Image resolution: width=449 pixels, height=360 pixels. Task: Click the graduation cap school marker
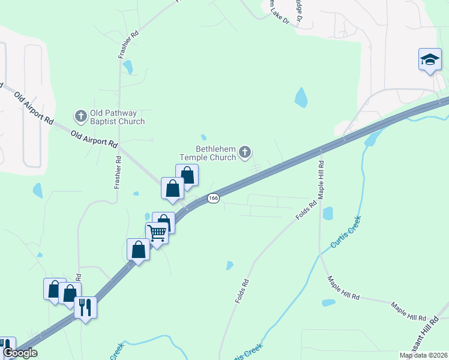click(429, 60)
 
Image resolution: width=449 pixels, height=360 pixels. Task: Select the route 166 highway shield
click(213, 198)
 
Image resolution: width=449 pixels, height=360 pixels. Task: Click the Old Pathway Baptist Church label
click(117, 117)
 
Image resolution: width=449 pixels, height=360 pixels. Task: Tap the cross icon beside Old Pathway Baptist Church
click(80, 115)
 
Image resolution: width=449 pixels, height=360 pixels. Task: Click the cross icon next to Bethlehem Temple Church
click(244, 152)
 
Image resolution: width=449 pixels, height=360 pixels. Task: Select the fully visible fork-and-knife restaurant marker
click(85, 308)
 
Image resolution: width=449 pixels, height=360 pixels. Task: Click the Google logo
click(20, 353)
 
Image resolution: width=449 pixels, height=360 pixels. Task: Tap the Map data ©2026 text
click(424, 355)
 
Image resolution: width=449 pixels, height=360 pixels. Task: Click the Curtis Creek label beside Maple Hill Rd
click(345, 232)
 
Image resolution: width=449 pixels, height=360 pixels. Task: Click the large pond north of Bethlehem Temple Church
click(301, 97)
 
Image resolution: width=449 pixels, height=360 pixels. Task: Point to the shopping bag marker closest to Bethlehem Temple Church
click(187, 175)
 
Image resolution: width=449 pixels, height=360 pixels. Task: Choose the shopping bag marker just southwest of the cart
click(139, 250)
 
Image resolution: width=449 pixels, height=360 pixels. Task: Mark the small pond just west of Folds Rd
click(229, 265)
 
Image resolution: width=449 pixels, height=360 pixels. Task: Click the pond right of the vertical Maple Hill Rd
click(328, 213)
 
